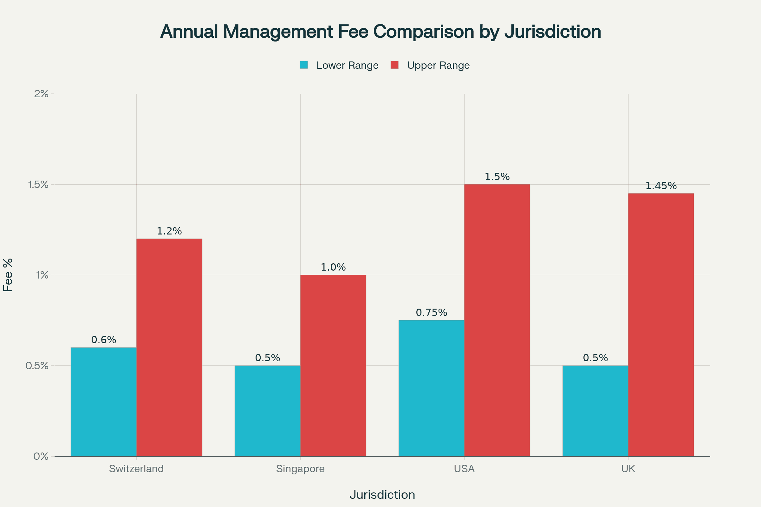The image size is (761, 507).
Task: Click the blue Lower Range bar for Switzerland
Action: (104, 402)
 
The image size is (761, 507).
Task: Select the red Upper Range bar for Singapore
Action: (333, 365)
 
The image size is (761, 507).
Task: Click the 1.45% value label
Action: (661, 186)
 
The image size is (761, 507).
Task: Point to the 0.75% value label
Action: (431, 313)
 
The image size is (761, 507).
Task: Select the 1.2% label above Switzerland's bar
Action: (169, 231)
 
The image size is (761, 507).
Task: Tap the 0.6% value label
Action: (104, 340)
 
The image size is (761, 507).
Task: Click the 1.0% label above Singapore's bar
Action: (333, 267)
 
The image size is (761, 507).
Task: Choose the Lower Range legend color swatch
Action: (303, 65)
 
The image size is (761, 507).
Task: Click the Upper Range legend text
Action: (438, 65)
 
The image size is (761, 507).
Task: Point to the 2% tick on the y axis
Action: (42, 94)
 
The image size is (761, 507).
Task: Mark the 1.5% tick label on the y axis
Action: (38, 185)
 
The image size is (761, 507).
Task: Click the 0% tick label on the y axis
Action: (41, 457)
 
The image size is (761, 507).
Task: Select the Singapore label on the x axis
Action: (300, 469)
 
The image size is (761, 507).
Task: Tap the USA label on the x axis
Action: (464, 469)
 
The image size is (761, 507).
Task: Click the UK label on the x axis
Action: (628, 469)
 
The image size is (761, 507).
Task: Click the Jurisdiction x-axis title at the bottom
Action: (382, 495)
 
